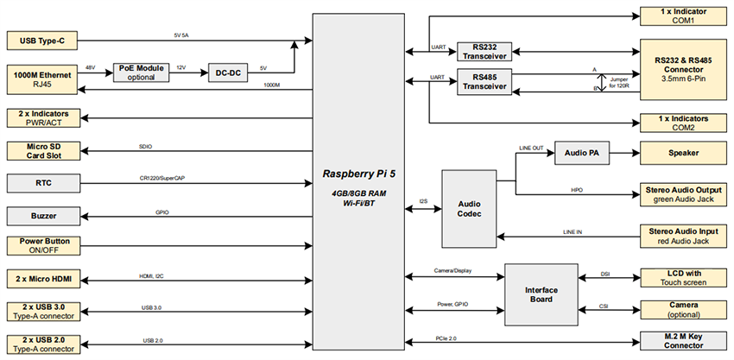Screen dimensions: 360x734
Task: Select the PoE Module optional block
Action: click(x=141, y=73)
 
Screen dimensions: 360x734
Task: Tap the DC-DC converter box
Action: click(x=230, y=73)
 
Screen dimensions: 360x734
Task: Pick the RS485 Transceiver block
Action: click(x=482, y=82)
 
